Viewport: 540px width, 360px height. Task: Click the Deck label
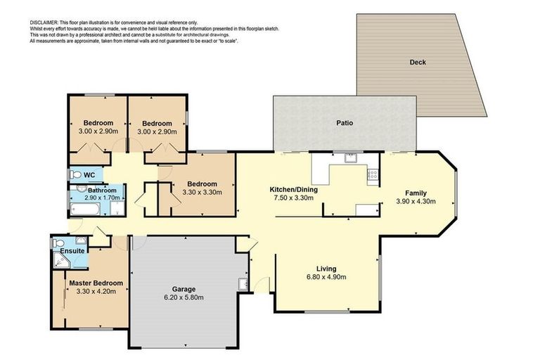click(418, 62)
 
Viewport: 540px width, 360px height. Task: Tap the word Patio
click(344, 122)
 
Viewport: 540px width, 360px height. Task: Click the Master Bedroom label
click(96, 283)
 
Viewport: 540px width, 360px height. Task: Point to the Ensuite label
click(72, 250)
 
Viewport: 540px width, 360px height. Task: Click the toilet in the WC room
click(75, 175)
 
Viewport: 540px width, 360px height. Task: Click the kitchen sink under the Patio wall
click(349, 160)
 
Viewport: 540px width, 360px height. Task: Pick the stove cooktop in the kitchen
click(373, 174)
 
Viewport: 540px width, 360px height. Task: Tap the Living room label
click(326, 269)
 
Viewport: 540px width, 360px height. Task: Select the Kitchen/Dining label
click(295, 190)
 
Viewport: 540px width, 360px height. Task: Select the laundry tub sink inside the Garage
click(243, 284)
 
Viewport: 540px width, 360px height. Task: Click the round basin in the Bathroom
click(79, 189)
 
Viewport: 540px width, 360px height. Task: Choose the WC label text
click(89, 175)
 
